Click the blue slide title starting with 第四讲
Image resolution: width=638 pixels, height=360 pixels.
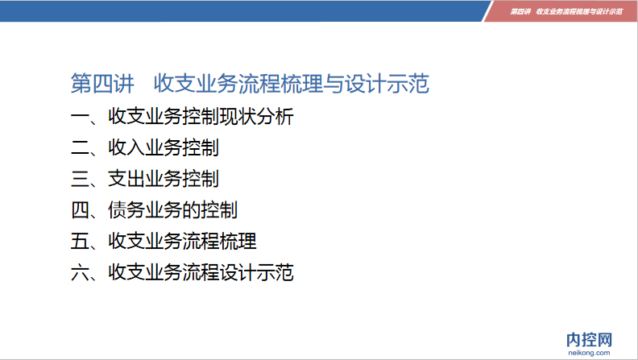pos(250,84)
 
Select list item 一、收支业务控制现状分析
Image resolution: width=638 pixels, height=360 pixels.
pos(182,117)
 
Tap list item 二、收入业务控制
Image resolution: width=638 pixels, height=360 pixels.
pos(145,147)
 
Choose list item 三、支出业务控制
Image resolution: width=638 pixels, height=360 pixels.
pos(145,179)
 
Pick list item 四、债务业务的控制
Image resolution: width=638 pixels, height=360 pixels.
pos(154,210)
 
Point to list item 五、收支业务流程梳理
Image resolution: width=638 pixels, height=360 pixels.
pos(164,242)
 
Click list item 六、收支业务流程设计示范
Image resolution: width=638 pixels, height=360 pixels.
pos(182,272)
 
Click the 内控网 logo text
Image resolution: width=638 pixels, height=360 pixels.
pos(589,340)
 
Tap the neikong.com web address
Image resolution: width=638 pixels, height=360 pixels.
pos(589,353)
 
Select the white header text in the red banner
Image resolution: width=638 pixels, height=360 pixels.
pos(566,11)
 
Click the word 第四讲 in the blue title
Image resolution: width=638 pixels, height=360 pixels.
pos(102,84)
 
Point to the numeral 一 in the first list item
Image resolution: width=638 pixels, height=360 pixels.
pos(80,117)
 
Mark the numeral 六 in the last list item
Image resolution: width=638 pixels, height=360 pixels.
pos(80,272)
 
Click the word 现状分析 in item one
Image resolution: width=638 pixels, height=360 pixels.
pos(257,117)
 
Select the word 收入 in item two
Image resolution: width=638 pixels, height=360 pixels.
pos(126,147)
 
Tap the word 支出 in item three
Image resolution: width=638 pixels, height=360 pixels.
pos(126,179)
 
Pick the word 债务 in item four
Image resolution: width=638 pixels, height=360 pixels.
pos(126,210)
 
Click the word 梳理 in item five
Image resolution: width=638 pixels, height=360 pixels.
pos(238,242)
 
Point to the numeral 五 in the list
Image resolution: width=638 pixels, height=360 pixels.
pos(80,242)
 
